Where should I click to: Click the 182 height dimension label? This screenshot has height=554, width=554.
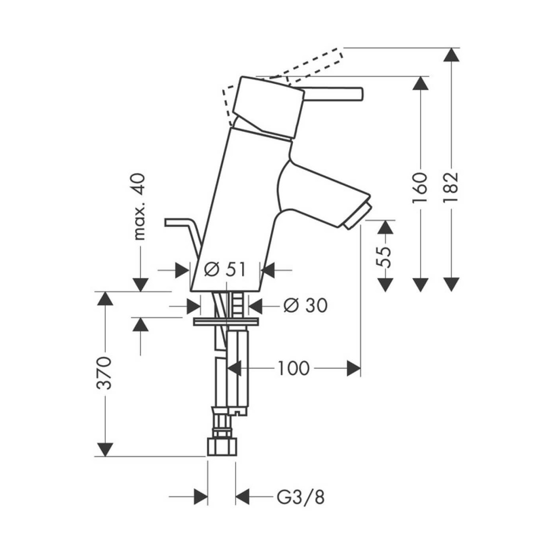pos(452,187)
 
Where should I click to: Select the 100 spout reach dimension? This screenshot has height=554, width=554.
pos(293,368)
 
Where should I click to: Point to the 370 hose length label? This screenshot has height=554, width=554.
pos(105,373)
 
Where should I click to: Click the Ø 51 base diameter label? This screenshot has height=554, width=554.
pos(225,270)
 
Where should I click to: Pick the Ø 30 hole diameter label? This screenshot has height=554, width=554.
pos(306,305)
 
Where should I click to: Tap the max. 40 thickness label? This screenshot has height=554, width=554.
pos(140,207)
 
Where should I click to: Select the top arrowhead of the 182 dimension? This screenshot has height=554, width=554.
pos(452,55)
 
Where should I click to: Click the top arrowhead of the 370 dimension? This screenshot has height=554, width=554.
pos(105,299)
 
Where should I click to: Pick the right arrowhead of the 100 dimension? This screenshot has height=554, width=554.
pos(353,368)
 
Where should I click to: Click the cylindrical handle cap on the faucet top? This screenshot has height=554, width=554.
pos(269,107)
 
